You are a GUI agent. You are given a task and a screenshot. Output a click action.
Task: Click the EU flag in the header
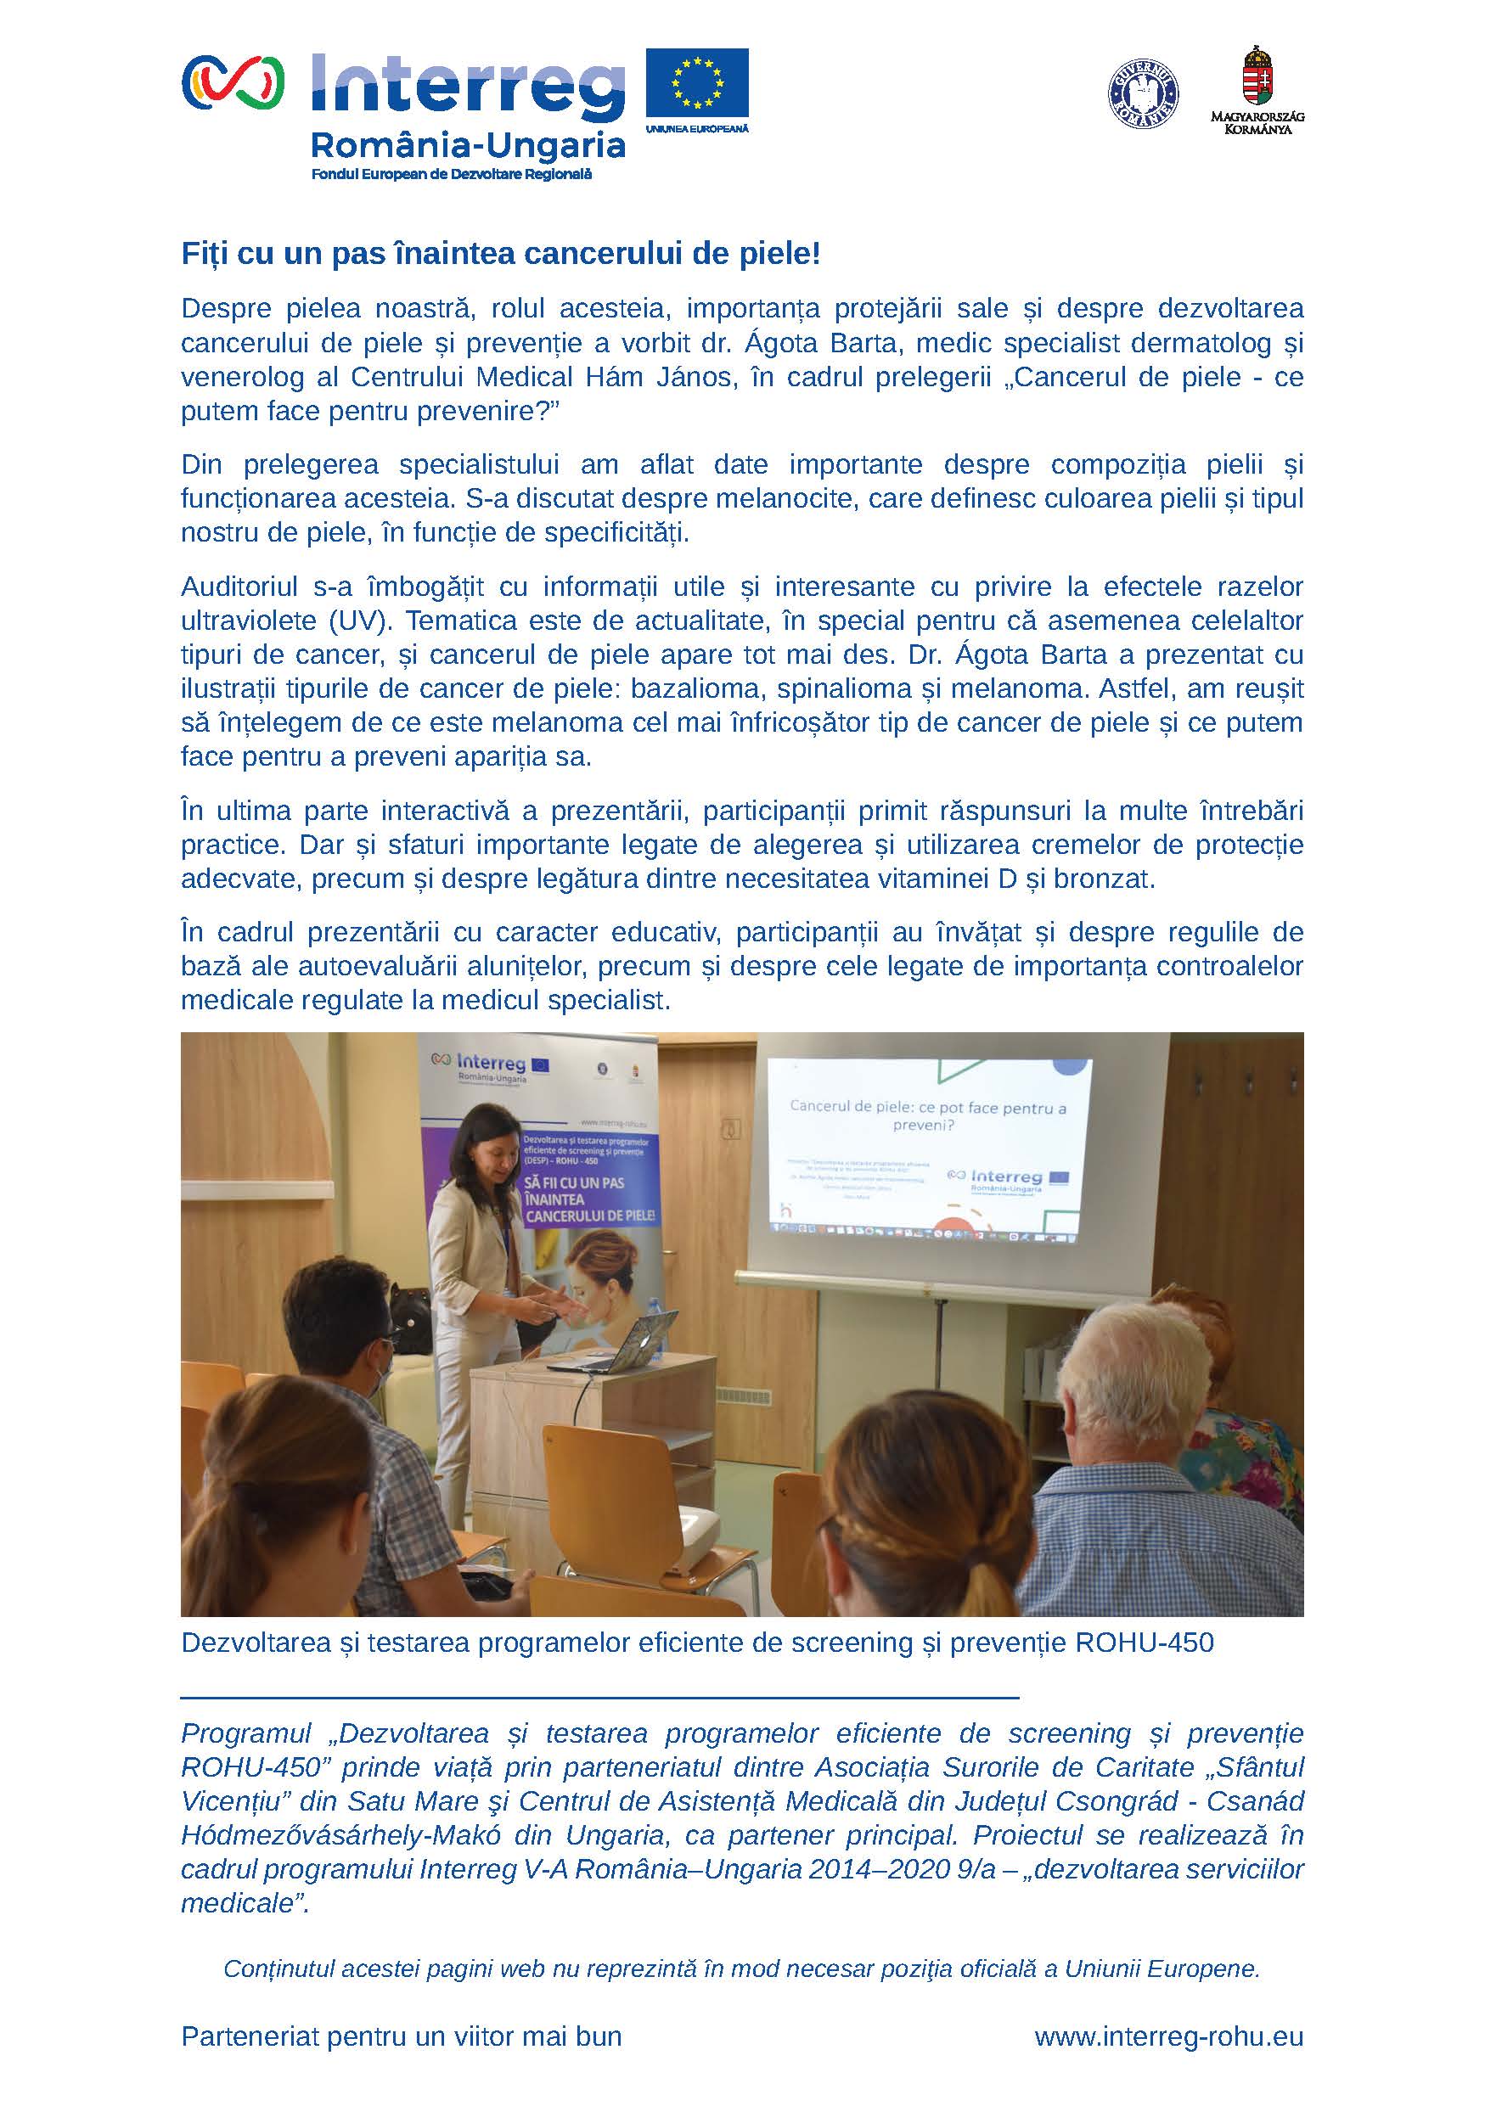tap(696, 81)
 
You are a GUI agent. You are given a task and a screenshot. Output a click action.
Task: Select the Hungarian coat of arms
tap(1257, 76)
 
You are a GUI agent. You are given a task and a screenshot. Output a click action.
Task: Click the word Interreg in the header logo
tap(468, 87)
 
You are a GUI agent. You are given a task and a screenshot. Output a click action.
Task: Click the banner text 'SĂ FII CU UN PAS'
tap(572, 1182)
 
